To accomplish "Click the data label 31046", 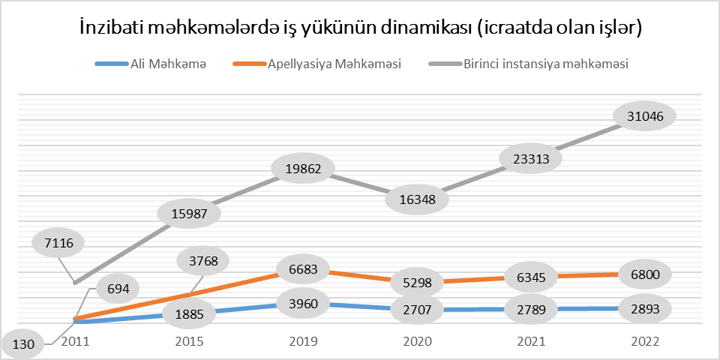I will tap(645, 115).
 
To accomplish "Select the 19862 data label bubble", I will tap(303, 169).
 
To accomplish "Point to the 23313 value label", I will tap(531, 159).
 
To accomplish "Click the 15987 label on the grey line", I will tap(189, 213).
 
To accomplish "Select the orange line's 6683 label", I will tap(303, 268).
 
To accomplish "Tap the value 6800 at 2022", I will tap(645, 274).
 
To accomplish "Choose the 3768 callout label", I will tap(202, 261).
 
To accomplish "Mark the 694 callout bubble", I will tap(114, 289).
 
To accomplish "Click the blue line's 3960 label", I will tap(303, 304).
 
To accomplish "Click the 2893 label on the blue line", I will tap(645, 308).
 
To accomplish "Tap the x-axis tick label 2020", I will tap(418, 341).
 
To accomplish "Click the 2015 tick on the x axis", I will tap(189, 341).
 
